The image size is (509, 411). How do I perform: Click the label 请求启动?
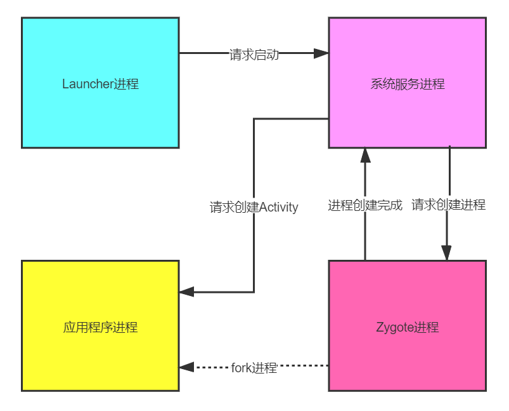(254, 55)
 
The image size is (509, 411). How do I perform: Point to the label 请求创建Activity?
(254, 207)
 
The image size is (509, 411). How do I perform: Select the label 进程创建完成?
(365, 205)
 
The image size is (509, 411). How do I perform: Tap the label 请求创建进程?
(448, 205)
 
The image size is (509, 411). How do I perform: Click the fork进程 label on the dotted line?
(254, 368)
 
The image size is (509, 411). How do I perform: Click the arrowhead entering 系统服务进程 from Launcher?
(321, 53)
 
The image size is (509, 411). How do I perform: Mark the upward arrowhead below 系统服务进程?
(365, 154)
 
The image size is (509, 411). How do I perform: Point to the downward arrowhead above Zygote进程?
(446, 253)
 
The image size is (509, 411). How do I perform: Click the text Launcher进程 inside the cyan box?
(100, 84)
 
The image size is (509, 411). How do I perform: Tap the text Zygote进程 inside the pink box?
(407, 328)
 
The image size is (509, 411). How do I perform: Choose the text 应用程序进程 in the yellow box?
(100, 328)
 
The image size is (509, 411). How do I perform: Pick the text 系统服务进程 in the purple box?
(407, 84)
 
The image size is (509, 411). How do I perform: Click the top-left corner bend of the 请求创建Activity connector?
(254, 119)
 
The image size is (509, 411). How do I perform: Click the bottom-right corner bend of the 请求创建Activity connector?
(254, 292)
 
